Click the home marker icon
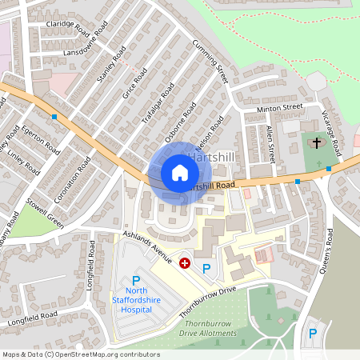coord(179,173)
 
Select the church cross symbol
coord(317,143)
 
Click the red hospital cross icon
coord(185,262)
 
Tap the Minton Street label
coord(279,107)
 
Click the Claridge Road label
coord(67,27)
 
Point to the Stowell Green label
coord(44,213)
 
